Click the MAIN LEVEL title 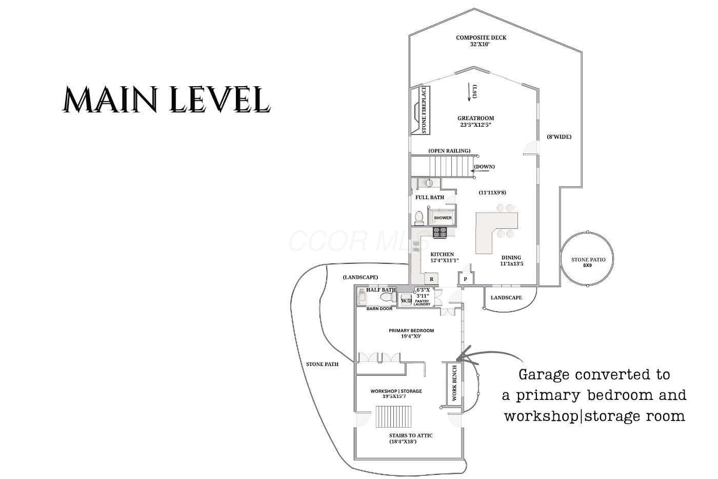click(x=166, y=99)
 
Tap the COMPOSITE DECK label click(x=481, y=37)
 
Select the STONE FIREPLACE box click(x=420, y=110)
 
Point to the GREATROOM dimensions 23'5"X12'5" click(x=476, y=125)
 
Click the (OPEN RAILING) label click(x=449, y=151)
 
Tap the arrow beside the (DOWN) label click(x=480, y=171)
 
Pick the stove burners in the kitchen click(x=440, y=232)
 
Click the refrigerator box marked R click(x=431, y=279)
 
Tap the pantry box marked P click(x=465, y=279)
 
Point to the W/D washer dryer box click(x=406, y=300)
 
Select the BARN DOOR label click(x=380, y=309)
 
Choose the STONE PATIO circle click(x=587, y=259)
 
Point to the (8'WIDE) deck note click(x=559, y=137)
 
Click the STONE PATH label click(x=322, y=364)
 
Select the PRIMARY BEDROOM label click(x=411, y=331)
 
